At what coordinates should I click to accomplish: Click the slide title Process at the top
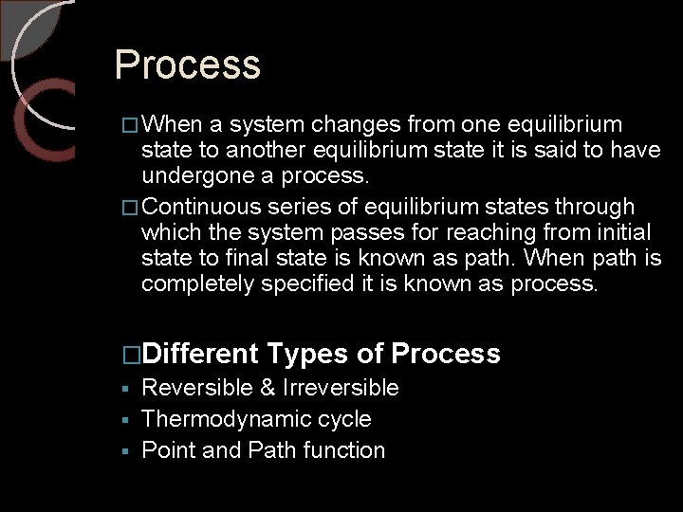187,65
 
